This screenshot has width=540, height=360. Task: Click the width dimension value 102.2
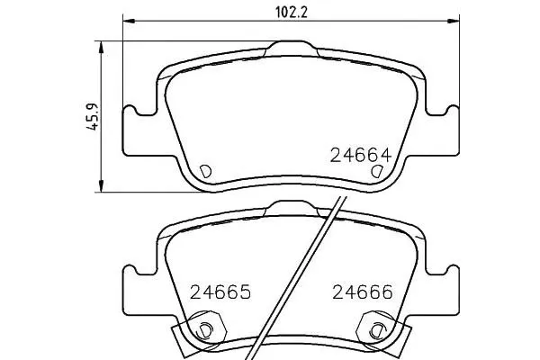292,13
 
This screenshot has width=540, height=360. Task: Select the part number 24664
361,155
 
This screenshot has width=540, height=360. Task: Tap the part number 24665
220,292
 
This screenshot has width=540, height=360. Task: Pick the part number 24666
363,292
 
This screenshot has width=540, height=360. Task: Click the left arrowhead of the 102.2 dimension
129,22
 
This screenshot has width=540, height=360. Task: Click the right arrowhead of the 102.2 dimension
454,22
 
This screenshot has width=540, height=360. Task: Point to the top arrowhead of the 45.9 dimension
101,47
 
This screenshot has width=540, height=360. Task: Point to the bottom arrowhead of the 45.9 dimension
101,186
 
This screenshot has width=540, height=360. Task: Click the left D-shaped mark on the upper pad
205,171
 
